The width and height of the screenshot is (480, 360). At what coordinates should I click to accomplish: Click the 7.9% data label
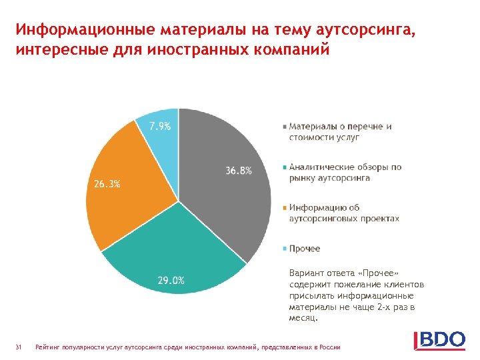[x=159, y=126]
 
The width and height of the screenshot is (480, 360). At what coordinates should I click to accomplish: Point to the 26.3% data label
[x=107, y=184]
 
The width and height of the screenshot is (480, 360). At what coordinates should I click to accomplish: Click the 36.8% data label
[x=239, y=171]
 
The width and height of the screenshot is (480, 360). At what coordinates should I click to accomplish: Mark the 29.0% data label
[x=171, y=280]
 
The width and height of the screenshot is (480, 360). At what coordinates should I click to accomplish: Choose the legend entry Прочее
[x=304, y=249]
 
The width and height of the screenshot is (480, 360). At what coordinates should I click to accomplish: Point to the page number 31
[x=19, y=347]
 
